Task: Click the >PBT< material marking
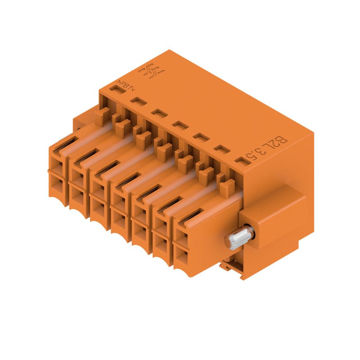(126, 85)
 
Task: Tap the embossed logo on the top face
(151, 71)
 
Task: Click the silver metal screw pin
(239, 237)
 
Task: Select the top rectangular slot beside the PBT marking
(117, 89)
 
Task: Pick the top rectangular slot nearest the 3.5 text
(243, 161)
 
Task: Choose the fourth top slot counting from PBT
(180, 125)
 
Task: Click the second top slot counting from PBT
(139, 101)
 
